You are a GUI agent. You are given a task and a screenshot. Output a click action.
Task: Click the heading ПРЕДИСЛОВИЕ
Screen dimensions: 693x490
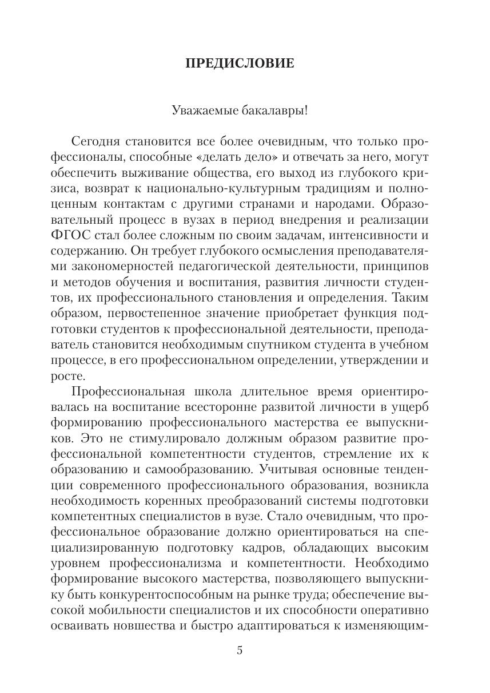240,64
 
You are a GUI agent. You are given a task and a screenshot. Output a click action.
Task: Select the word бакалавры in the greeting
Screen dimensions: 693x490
277,110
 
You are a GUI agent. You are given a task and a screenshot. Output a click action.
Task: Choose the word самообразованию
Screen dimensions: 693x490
194,470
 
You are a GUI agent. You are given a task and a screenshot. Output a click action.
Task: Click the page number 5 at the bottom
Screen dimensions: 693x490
240,651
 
